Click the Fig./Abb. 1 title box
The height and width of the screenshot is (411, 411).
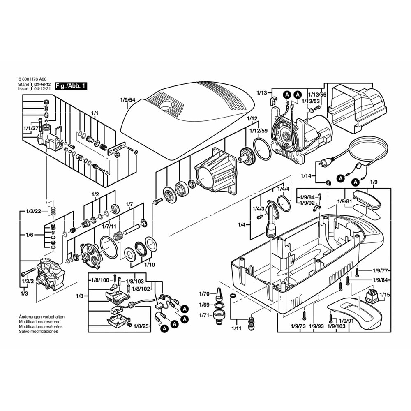(x=71, y=86)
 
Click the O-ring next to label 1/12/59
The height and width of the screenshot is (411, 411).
(x=262, y=149)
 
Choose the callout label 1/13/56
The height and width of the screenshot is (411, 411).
(x=317, y=94)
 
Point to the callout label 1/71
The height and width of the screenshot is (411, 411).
(x=204, y=315)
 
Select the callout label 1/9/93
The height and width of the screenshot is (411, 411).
(x=317, y=326)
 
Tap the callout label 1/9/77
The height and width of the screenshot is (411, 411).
(x=380, y=270)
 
